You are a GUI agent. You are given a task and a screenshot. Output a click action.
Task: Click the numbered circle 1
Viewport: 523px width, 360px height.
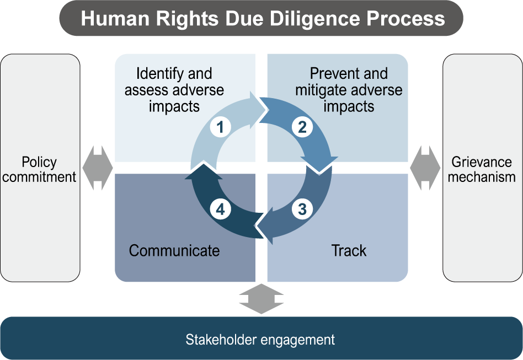click(220, 128)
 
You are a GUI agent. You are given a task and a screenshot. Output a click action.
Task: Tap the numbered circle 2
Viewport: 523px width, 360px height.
click(302, 128)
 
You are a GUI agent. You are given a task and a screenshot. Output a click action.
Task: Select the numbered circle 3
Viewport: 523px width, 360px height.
click(302, 209)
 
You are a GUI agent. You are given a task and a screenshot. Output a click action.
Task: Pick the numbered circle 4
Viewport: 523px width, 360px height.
click(220, 209)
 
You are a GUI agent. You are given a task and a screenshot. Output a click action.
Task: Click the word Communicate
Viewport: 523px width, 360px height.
click(174, 251)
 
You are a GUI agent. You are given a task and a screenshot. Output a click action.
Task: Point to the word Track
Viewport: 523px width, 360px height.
click(349, 251)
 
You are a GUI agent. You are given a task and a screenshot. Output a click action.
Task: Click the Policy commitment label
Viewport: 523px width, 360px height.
click(40, 169)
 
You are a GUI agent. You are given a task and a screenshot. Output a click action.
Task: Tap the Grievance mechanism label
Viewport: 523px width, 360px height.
click(482, 169)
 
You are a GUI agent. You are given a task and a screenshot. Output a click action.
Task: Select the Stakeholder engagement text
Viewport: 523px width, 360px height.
click(260, 339)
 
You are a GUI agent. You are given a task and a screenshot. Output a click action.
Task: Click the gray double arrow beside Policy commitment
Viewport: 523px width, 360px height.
click(98, 168)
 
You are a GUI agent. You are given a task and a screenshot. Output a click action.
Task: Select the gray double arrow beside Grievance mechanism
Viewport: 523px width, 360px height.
click(425, 168)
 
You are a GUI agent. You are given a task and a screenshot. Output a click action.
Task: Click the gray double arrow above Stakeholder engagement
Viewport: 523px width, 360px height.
click(261, 299)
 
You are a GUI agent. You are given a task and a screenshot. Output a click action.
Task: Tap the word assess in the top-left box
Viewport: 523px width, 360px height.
click(144, 90)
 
